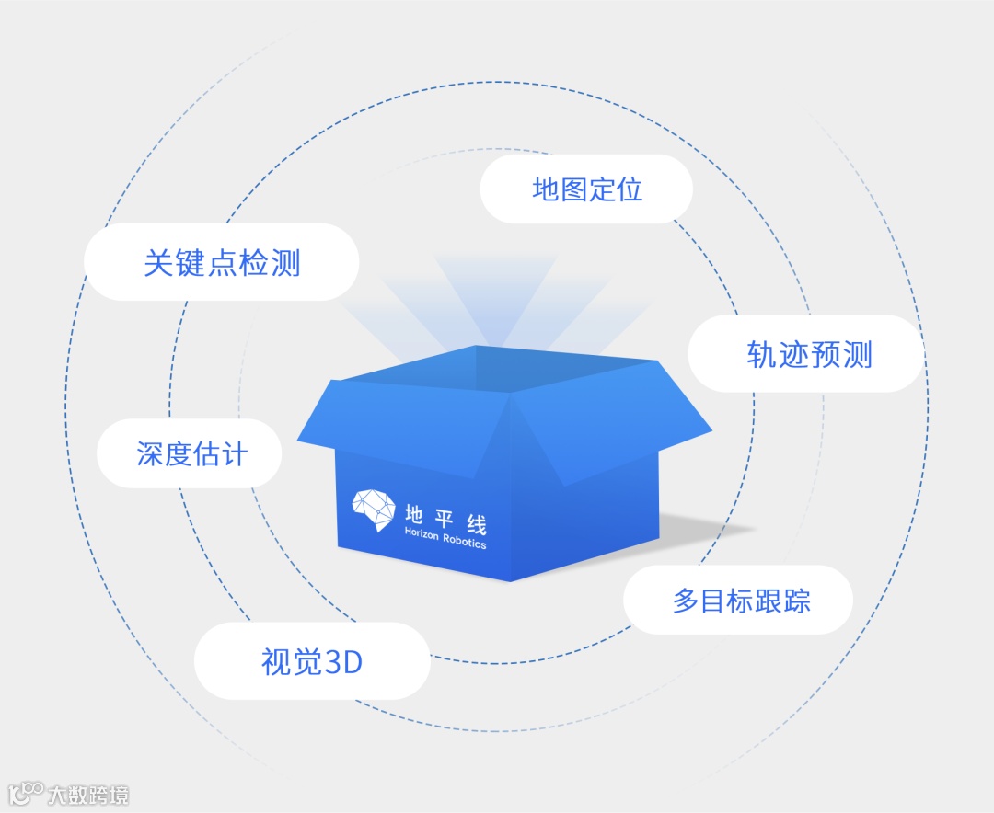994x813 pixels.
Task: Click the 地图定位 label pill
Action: point(586,189)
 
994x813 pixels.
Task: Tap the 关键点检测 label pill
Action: point(221,262)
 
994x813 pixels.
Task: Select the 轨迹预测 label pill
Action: point(807,354)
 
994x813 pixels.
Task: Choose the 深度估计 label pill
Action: point(191,453)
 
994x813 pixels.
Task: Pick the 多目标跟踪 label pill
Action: point(739,601)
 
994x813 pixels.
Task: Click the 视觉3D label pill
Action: point(312,661)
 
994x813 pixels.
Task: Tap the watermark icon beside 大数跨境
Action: point(26,793)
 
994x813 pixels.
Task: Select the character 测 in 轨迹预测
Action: point(856,355)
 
